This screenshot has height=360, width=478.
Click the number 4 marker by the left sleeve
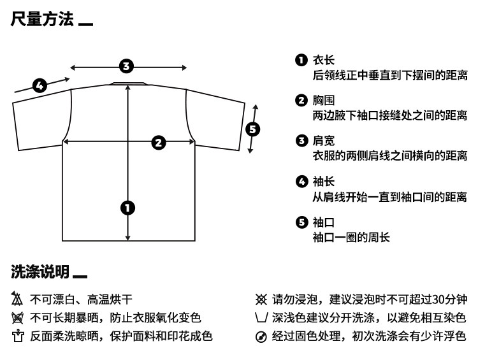point(40,85)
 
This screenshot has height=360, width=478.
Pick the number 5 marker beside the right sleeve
point(253,129)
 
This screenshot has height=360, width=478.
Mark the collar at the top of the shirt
point(129,83)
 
